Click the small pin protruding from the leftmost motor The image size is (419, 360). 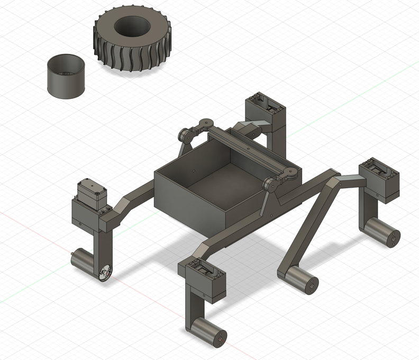[x=72, y=259]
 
